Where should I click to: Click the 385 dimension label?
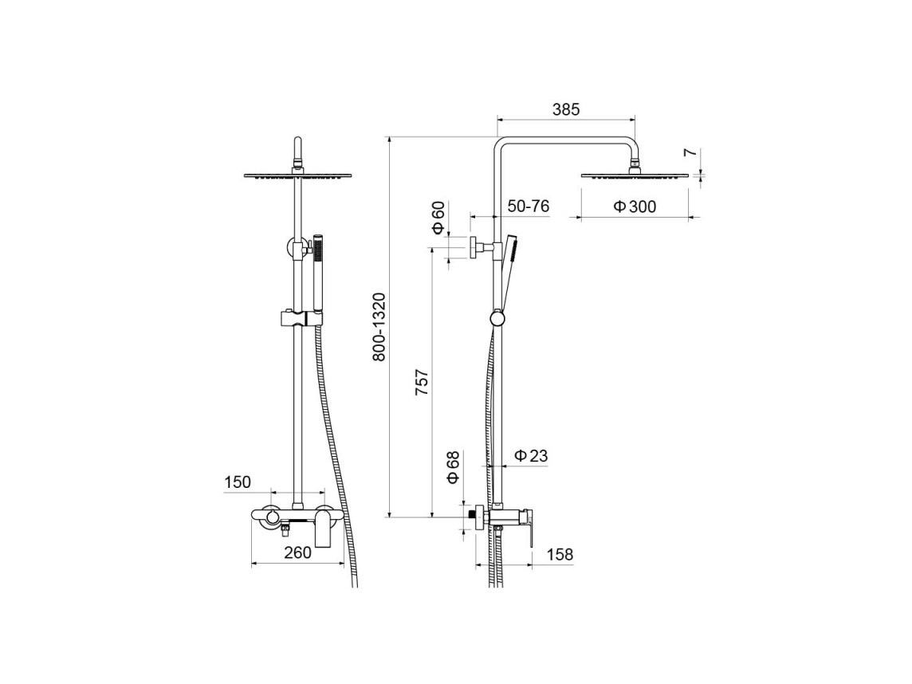pyautogui.click(x=567, y=109)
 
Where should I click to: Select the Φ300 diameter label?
pyautogui.click(x=635, y=206)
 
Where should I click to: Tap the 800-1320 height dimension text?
pyautogui.click(x=379, y=328)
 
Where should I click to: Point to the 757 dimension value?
pyautogui.click(x=422, y=382)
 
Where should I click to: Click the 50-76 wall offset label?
pyautogui.click(x=528, y=206)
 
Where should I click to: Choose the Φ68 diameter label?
pyautogui.click(x=453, y=467)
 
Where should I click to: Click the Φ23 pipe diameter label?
pyautogui.click(x=531, y=455)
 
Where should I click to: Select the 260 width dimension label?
pyautogui.click(x=298, y=552)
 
